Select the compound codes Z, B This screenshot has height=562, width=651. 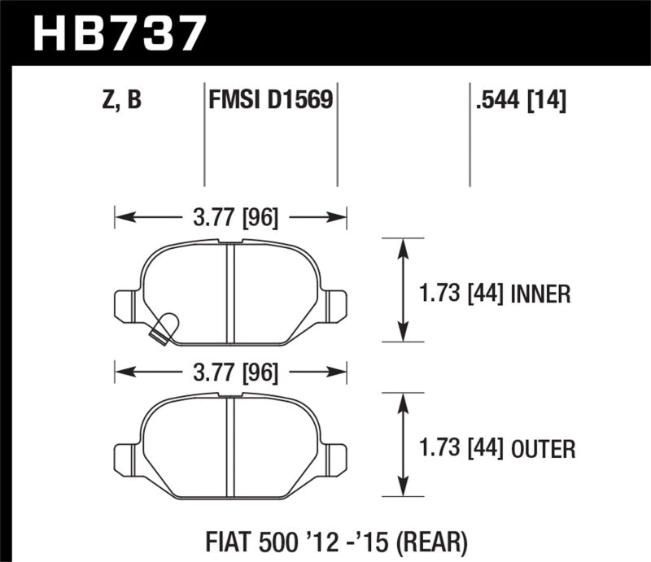(123, 101)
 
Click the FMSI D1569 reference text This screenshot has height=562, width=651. (270, 101)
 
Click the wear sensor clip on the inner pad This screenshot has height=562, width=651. (165, 327)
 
